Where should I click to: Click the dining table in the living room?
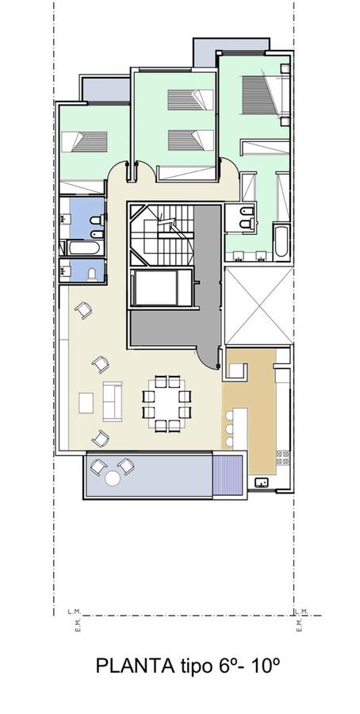tap(167, 404)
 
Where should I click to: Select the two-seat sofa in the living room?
tap(113, 401)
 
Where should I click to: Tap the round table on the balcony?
tap(113, 478)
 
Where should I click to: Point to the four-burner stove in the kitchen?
tap(282, 458)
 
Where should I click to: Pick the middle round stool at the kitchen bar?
tap(229, 429)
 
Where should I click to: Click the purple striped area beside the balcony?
tap(228, 475)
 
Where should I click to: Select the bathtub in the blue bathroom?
tap(84, 248)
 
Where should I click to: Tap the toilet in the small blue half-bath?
tap(93, 274)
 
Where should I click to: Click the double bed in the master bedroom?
tap(266, 94)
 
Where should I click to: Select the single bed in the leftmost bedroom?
tap(84, 142)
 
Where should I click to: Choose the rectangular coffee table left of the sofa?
tap(86, 403)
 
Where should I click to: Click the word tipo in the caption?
tap(193, 666)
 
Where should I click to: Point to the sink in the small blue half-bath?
tap(63, 271)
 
